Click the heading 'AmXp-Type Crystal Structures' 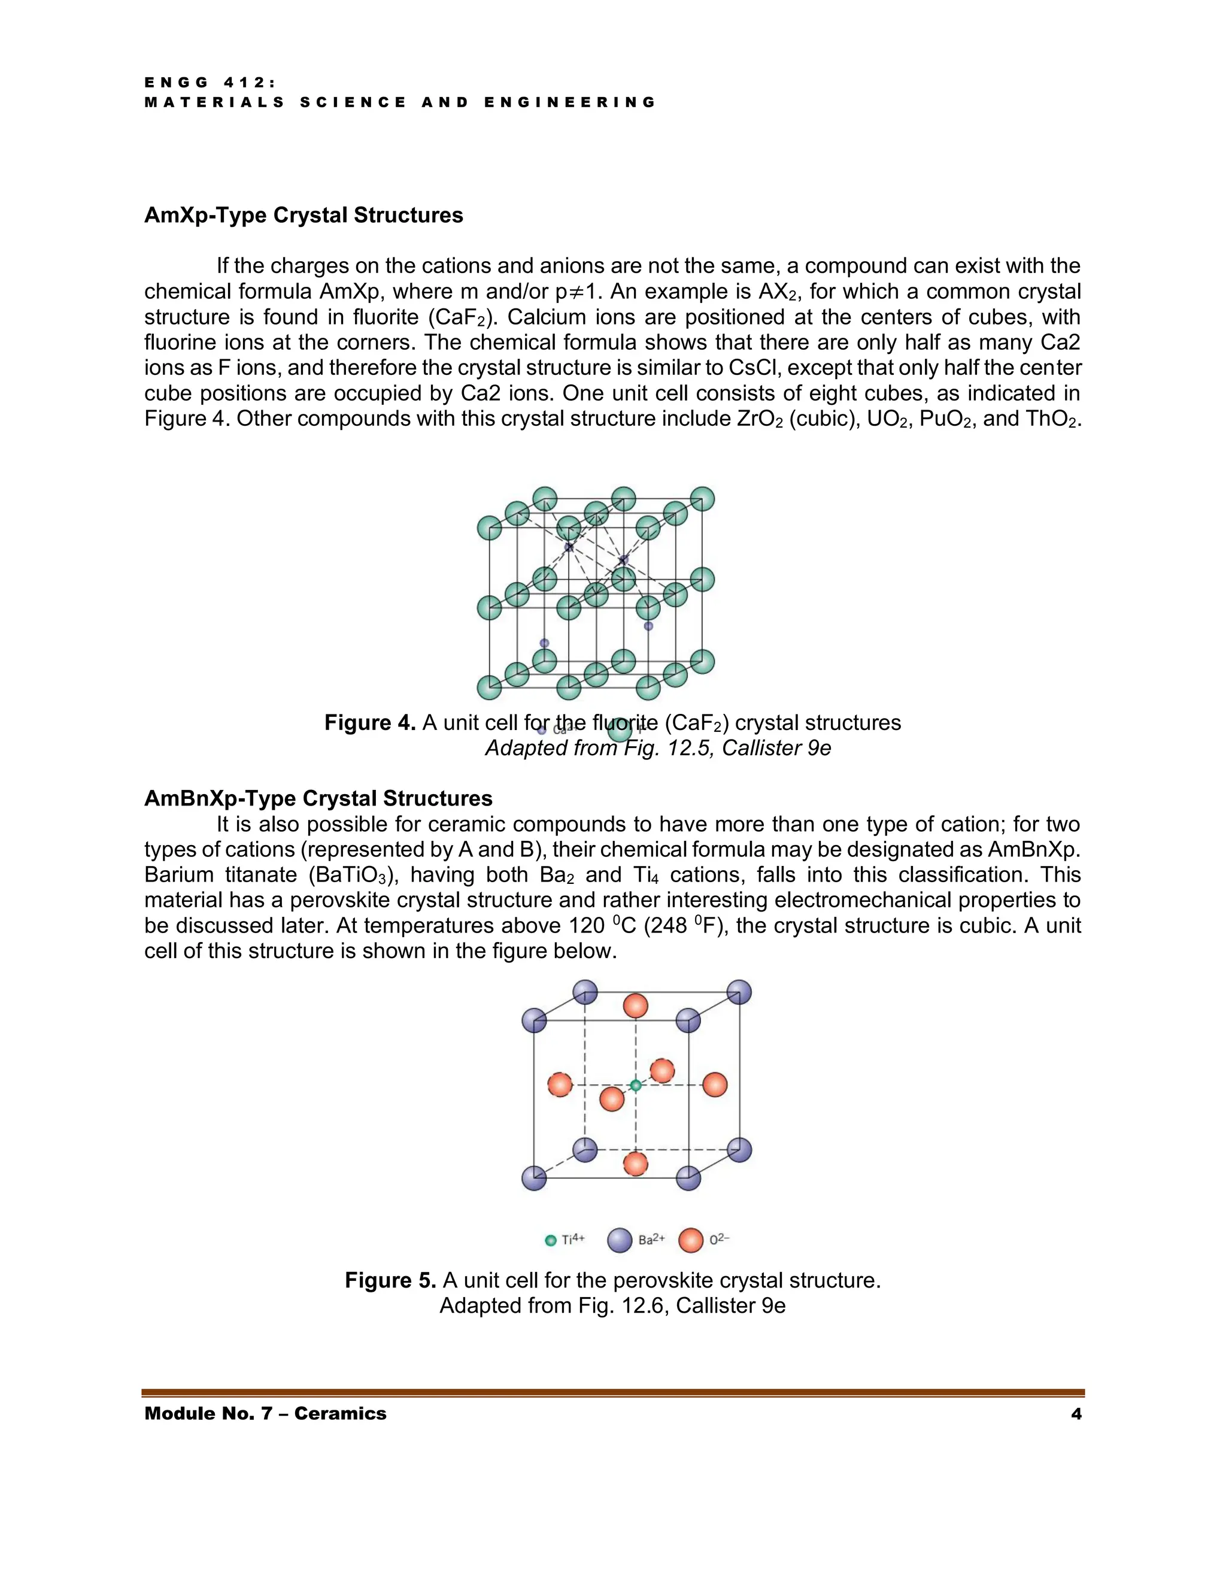point(304,215)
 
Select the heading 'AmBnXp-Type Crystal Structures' point(318,798)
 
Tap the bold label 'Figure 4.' point(370,722)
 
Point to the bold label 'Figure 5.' point(390,1280)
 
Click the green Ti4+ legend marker point(551,1240)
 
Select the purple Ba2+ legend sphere point(620,1240)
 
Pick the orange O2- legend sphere point(691,1240)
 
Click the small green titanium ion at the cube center point(636,1085)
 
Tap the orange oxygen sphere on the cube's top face point(636,1007)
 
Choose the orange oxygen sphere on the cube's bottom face point(636,1164)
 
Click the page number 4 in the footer point(1076,1413)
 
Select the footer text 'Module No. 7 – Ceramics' point(265,1413)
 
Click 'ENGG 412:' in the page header point(211,83)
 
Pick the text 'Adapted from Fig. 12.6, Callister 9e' point(612,1305)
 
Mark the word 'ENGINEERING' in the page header point(569,102)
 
